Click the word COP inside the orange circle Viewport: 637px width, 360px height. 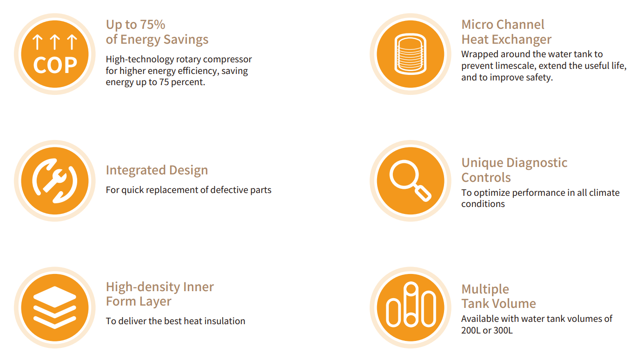[x=55, y=65]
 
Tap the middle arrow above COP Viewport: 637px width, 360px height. [x=55, y=42]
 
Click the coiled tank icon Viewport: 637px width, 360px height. [x=411, y=54]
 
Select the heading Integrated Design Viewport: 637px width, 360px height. [x=157, y=170]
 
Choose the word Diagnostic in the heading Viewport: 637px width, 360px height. [x=537, y=163]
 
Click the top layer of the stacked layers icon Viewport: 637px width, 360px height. [x=55, y=297]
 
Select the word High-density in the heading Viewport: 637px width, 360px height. [x=143, y=287]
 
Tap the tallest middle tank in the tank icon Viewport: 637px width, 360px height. [x=411, y=304]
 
